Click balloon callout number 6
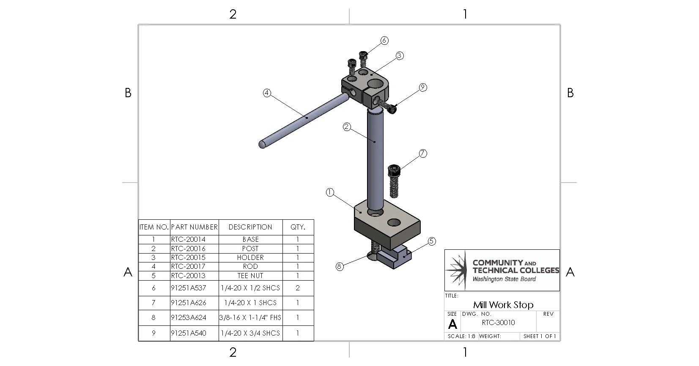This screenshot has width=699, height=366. [x=384, y=41]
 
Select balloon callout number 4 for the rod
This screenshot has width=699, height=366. [x=267, y=93]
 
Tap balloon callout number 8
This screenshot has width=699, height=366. [x=339, y=266]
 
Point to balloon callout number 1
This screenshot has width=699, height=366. [x=330, y=193]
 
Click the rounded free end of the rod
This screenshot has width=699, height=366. [x=262, y=144]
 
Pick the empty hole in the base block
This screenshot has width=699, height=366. [x=394, y=222]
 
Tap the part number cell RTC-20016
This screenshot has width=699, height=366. [x=188, y=249]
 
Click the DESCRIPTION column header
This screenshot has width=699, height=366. [x=250, y=227]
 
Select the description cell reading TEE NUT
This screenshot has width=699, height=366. [x=250, y=276]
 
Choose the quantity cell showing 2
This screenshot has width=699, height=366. [x=298, y=288]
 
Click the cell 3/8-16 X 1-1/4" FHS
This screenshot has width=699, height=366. [x=250, y=317]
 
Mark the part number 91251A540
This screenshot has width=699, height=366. [x=189, y=333]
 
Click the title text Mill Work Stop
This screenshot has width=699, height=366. [x=503, y=305]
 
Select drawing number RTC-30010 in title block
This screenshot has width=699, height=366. [x=498, y=322]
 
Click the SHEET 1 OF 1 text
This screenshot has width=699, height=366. [x=540, y=336]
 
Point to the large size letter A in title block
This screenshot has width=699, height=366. [x=452, y=324]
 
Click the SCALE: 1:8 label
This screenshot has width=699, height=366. [x=461, y=336]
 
